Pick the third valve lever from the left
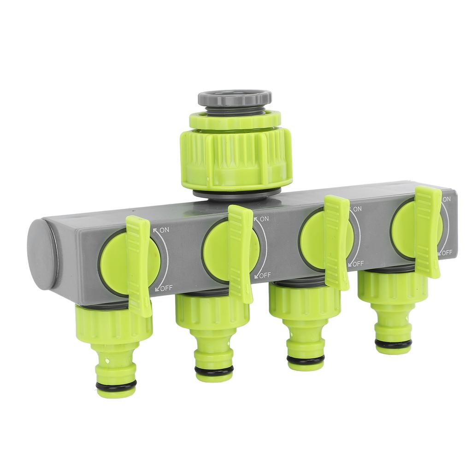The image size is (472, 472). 337,242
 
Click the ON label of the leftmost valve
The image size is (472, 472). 164,229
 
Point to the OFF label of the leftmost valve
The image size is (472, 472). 166,288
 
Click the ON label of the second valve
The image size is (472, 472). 264,218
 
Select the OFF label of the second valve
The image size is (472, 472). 265,276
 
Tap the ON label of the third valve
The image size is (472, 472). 357,209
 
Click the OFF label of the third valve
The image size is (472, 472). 358,264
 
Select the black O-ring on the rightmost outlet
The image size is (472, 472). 393,344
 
